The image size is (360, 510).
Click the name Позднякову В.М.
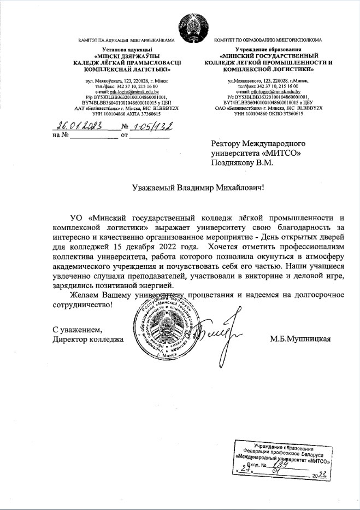pos(246,162)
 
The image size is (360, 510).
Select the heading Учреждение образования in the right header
pos(268,50)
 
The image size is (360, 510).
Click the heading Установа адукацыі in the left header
pos(121,50)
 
